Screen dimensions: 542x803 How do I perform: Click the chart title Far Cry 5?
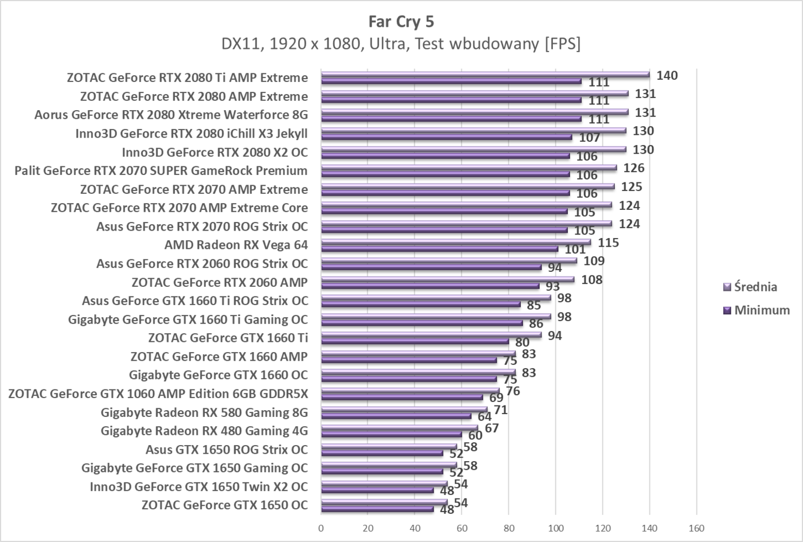coord(401,22)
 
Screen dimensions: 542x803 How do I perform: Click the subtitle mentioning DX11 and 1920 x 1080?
coord(401,44)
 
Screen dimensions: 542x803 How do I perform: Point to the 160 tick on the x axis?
coord(696,528)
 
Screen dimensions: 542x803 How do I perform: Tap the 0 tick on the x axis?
coord(321,528)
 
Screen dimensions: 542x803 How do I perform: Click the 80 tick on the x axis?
coord(509,528)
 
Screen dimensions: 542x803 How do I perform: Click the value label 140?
coord(667,76)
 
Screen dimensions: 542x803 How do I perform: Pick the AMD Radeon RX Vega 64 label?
coord(236,245)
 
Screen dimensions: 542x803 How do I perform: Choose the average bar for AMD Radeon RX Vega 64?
coord(456,242)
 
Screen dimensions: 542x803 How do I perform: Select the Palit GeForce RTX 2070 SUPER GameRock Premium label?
coord(161,171)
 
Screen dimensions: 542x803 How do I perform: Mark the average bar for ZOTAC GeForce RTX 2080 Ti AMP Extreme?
coord(485,74)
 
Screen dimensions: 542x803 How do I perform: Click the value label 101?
coord(575,250)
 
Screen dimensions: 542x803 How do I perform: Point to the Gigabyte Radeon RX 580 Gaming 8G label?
coord(204,412)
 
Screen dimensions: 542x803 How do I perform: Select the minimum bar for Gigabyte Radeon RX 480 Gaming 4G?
coord(391,435)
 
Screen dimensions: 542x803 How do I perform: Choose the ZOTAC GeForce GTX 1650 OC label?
coord(224,505)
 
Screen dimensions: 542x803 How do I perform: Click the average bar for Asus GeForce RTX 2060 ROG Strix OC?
coord(449,260)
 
